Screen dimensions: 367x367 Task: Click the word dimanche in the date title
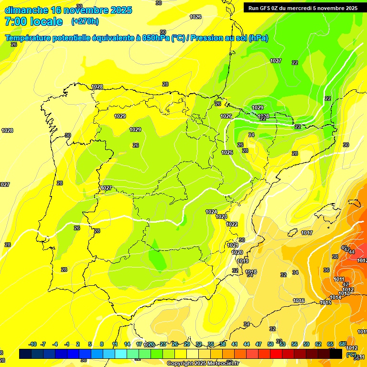(26, 10)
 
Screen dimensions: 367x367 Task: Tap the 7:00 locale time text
(33, 22)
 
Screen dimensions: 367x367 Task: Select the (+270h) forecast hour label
(85, 22)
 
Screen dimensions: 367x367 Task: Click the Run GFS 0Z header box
(303, 8)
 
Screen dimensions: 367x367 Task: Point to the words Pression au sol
(218, 38)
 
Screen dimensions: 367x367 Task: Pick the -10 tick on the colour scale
(33, 344)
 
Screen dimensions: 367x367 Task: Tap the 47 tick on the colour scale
(259, 344)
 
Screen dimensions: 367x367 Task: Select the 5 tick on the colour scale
(90, 344)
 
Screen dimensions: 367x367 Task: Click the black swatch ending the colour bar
(336, 354)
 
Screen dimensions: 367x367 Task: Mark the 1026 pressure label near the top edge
(195, 17)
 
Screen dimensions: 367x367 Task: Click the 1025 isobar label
(227, 152)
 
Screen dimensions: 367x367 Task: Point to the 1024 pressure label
(211, 212)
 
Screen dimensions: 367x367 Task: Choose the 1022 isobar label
(232, 224)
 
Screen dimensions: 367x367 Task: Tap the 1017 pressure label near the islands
(307, 233)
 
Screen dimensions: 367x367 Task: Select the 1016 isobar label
(299, 301)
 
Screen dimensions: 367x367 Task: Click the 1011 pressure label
(339, 279)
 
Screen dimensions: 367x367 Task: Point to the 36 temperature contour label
(326, 270)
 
